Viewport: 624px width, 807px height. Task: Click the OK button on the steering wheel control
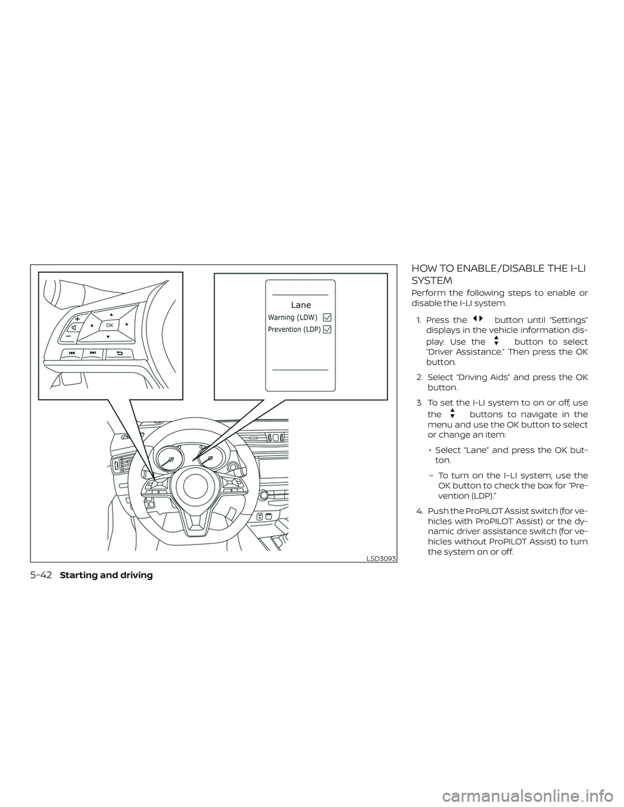point(109,324)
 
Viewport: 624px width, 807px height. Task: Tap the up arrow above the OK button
point(110,313)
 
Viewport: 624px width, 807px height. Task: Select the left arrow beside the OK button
point(92,324)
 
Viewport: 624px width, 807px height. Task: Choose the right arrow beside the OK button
point(127,323)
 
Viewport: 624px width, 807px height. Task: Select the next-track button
point(94,353)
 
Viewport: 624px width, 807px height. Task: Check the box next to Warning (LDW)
point(326,317)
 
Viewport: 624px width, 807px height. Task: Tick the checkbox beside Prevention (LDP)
point(326,329)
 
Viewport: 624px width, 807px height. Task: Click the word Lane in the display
point(301,305)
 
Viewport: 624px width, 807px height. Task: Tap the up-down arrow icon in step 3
point(452,413)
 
